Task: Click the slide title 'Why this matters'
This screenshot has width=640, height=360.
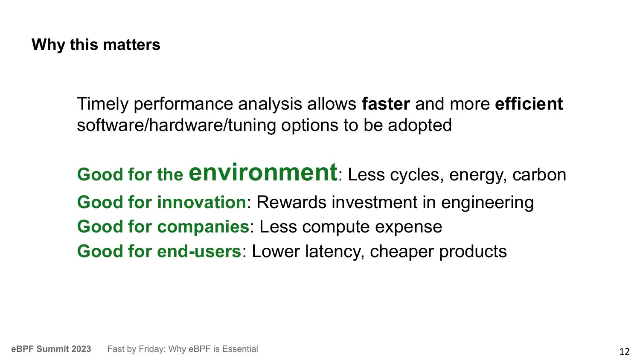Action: click(96, 45)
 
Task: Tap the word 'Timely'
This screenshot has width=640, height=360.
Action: click(102, 105)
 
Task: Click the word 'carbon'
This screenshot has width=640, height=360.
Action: click(539, 175)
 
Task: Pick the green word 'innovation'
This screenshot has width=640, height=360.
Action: click(202, 202)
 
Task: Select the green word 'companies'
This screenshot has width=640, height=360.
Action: click(204, 227)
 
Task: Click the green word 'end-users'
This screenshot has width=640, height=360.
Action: click(199, 251)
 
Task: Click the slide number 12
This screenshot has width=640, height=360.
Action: click(625, 351)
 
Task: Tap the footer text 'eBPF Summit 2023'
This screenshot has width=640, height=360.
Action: click(51, 349)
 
